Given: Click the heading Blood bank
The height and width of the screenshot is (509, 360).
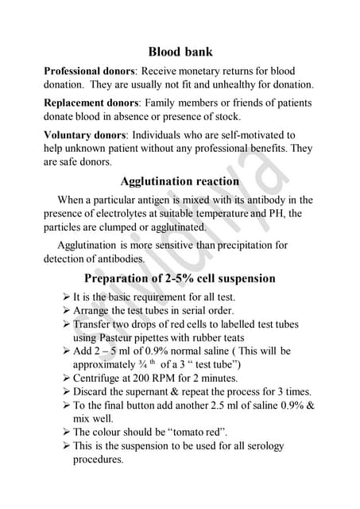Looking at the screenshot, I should (180, 52).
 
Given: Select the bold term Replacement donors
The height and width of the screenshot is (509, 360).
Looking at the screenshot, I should (91, 103).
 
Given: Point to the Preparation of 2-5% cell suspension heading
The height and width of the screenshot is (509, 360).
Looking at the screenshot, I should (180, 278).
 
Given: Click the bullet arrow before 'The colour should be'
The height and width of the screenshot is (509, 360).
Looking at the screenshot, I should (65, 432).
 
